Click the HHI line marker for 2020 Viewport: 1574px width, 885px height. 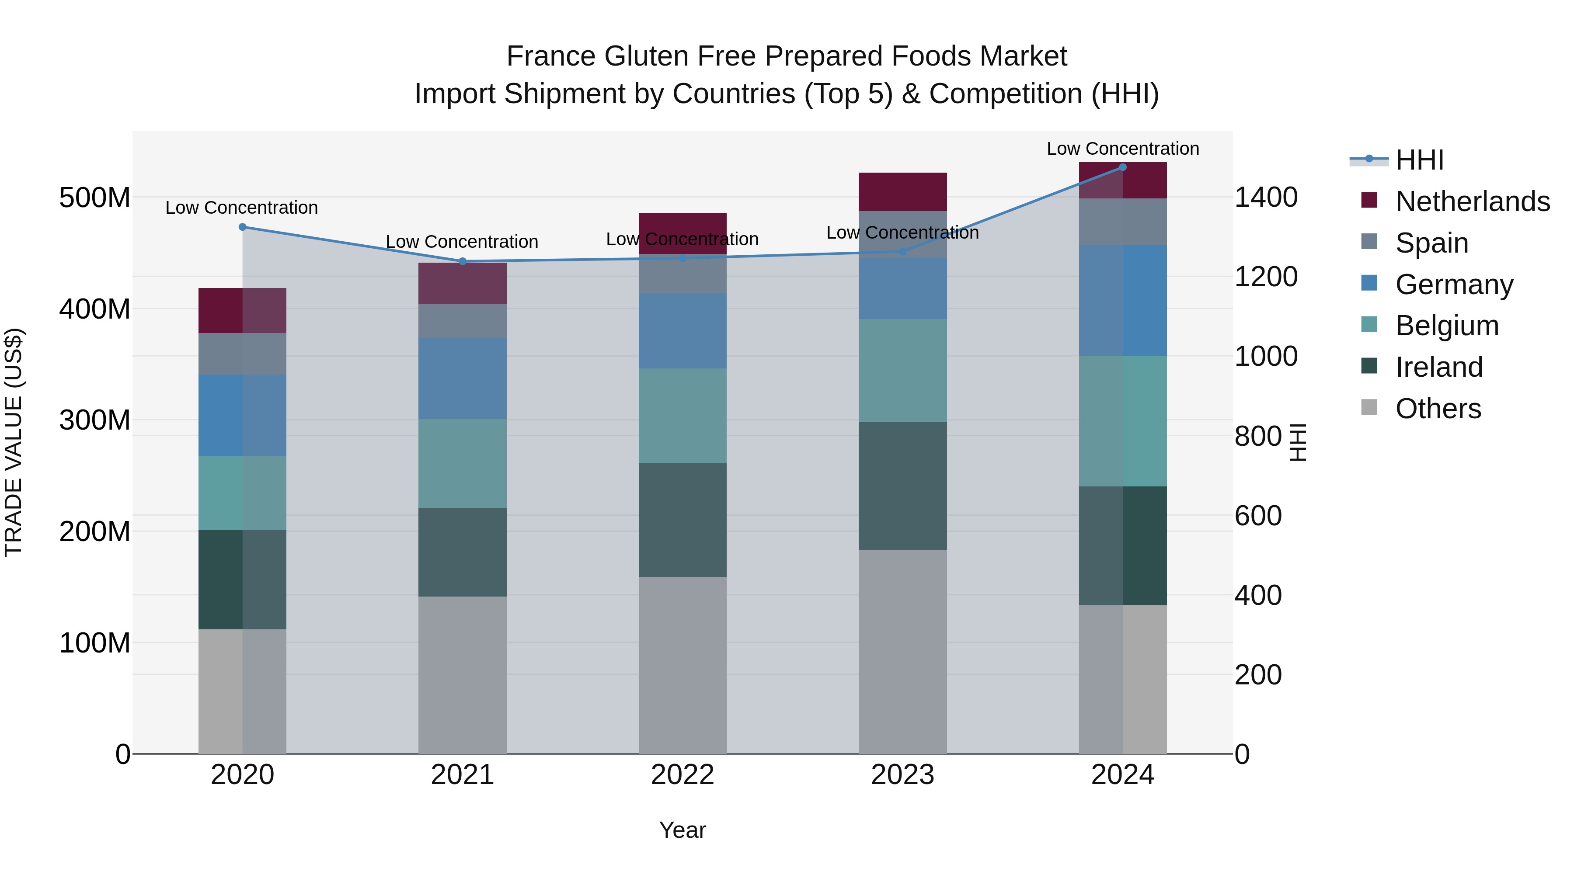(x=243, y=227)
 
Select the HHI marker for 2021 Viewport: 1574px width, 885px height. (x=463, y=261)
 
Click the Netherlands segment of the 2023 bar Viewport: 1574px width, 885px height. (x=902, y=192)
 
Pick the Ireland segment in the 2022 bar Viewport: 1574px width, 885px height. (x=683, y=520)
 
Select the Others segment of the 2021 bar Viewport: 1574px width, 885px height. (x=463, y=675)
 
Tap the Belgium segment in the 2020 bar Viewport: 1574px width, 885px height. (x=243, y=493)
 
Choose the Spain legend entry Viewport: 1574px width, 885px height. (x=1431, y=243)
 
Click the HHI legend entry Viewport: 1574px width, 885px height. (x=1419, y=160)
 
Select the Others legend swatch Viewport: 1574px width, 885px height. (x=1369, y=407)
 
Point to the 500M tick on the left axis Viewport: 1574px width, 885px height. (x=95, y=198)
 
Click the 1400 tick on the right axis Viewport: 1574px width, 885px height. (x=1265, y=197)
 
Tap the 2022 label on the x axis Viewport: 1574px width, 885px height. (x=683, y=775)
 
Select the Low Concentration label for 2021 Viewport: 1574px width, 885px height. (x=462, y=242)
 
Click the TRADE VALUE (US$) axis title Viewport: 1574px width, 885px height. (x=14, y=442)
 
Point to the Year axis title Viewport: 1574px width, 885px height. (x=683, y=830)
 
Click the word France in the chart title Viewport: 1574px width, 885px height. (x=551, y=56)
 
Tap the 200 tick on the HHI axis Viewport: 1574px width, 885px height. (x=1257, y=675)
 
